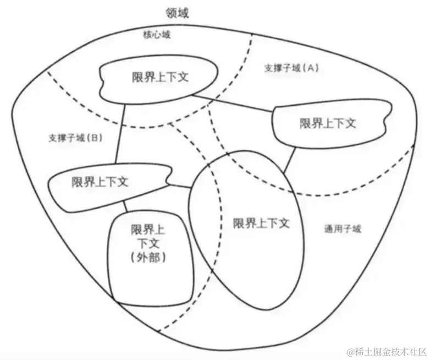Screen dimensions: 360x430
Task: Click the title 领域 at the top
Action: (177, 13)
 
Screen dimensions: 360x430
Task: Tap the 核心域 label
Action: (157, 35)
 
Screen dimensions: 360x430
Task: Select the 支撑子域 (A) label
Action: (291, 68)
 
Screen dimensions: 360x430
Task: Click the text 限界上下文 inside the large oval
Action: (261, 223)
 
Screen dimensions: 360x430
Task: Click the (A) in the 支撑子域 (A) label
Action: (311, 68)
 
